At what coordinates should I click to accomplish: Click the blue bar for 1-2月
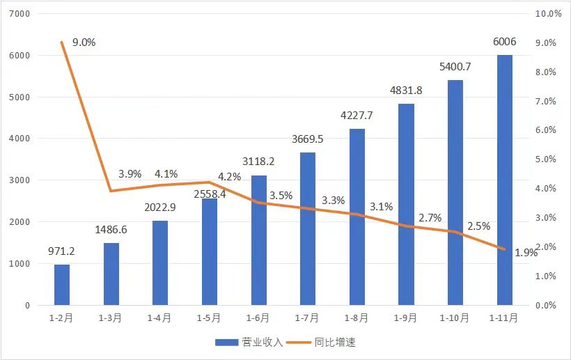pos(62,285)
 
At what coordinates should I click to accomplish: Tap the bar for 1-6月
pos(259,240)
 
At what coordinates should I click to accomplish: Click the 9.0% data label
pos(84,42)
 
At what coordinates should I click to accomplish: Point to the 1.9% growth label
pos(526,253)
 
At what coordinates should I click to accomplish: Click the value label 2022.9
pos(159,208)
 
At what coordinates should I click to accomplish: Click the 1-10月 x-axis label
pos(455,318)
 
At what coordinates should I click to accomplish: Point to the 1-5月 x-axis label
pos(209,318)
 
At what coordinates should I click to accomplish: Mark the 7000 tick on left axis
pos(22,14)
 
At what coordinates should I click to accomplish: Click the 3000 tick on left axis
pos(22,180)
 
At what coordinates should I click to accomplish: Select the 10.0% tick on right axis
pos(547,14)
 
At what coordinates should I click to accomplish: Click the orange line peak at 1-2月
pos(62,42)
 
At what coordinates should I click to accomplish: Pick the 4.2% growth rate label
pos(229,177)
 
